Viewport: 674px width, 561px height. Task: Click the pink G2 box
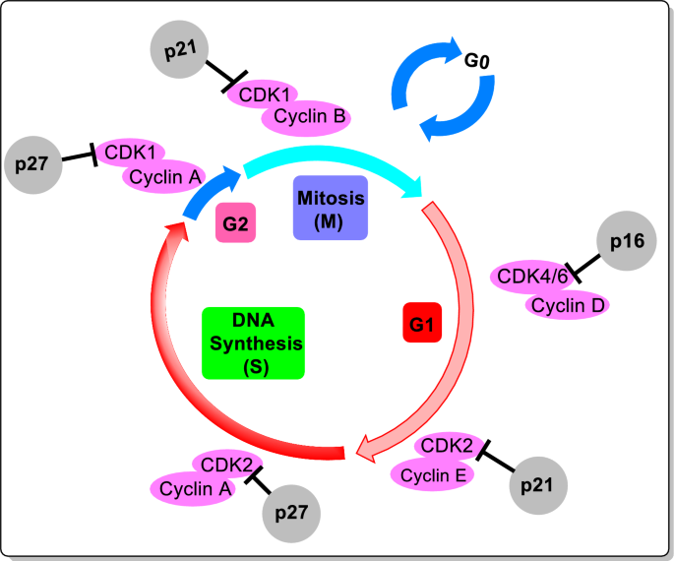click(x=234, y=224)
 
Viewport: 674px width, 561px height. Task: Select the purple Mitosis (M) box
click(x=330, y=209)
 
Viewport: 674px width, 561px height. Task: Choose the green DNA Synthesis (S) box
click(x=253, y=343)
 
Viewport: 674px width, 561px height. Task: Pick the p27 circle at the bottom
click(x=292, y=513)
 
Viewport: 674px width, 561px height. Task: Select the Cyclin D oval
click(x=568, y=305)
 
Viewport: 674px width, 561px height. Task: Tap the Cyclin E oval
click(x=433, y=474)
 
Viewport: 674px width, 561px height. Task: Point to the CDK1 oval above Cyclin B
click(x=262, y=95)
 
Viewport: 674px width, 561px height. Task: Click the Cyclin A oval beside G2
click(x=162, y=177)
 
